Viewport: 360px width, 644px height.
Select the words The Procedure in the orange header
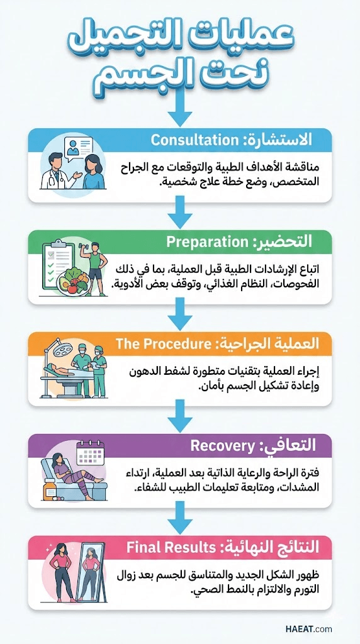tap(160, 344)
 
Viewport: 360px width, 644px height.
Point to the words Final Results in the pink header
tap(171, 548)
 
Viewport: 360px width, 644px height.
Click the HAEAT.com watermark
tap(308, 629)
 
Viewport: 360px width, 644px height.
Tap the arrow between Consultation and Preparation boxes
tap(180, 212)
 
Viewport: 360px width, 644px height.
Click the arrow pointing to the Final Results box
tap(180, 518)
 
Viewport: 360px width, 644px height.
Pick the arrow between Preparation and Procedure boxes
tap(180, 314)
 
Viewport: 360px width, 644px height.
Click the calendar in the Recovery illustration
tap(91, 453)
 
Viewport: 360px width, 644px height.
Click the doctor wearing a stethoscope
tap(57, 171)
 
